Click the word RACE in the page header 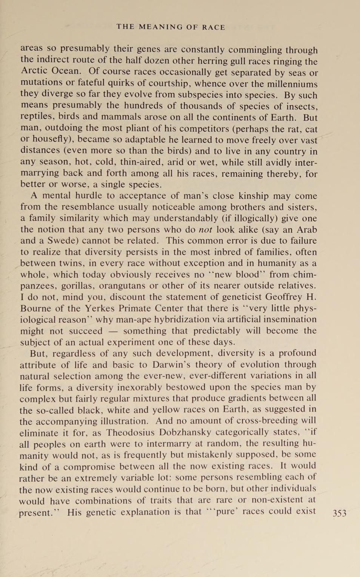(x=213, y=27)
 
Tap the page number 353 (x=339, y=513)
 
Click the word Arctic (x=34, y=71)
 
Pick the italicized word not (x=205, y=230)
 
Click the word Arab (x=306, y=230)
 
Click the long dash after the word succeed (x=112, y=331)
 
